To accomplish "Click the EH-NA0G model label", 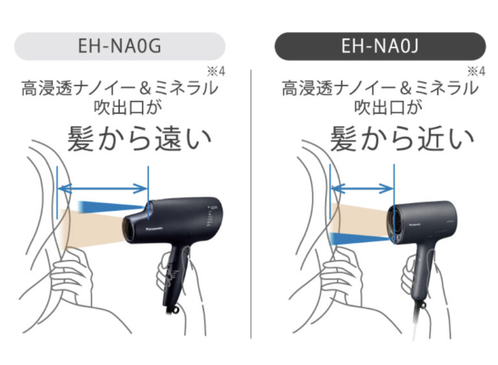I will click(x=120, y=47).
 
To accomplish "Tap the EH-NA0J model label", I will click(x=380, y=47).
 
